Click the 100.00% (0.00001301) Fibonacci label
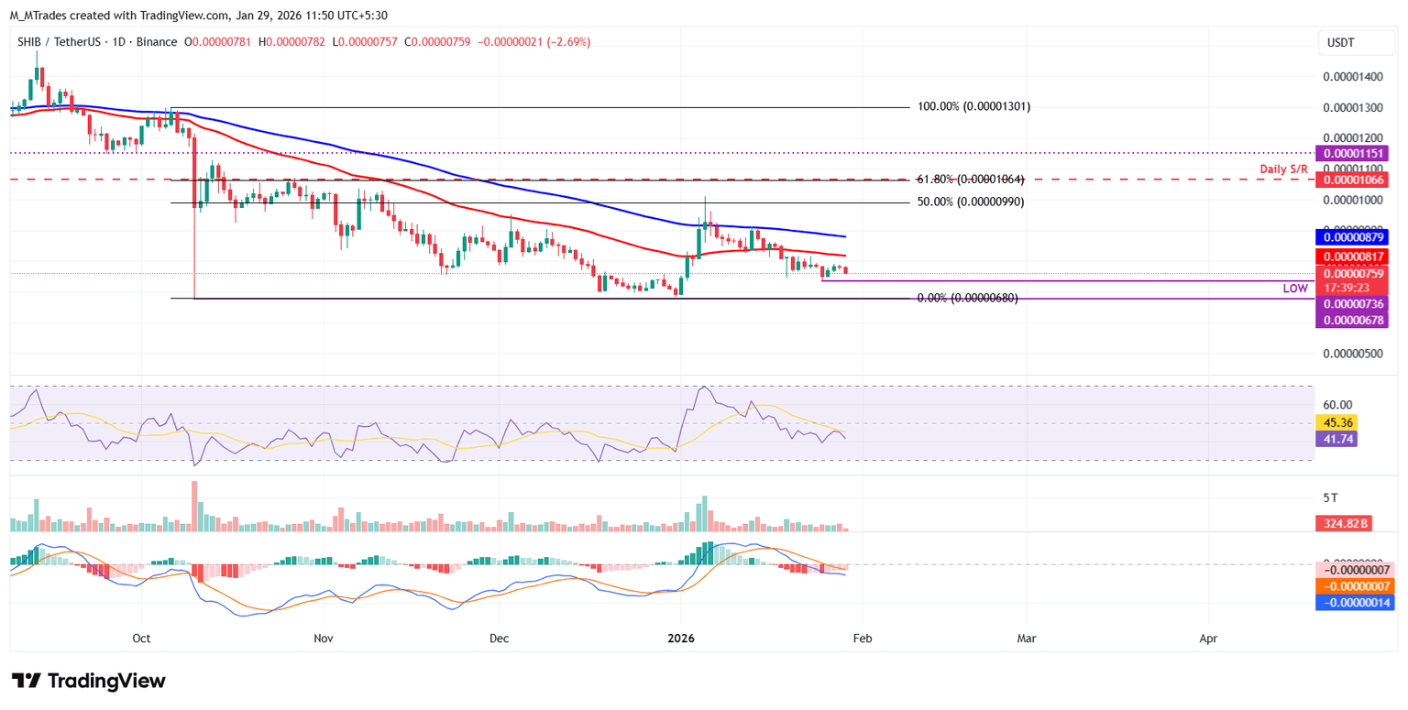pos(973,106)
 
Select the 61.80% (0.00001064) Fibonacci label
pos(971,180)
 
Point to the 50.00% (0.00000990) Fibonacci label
pos(971,202)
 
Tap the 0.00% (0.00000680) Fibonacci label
pos(967,298)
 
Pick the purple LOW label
pos(1295,288)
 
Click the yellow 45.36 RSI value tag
pos(1336,422)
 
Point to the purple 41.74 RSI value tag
pos(1336,439)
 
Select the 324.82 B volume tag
pos(1343,523)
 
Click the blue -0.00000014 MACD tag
pos(1354,602)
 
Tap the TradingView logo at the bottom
pos(88,681)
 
